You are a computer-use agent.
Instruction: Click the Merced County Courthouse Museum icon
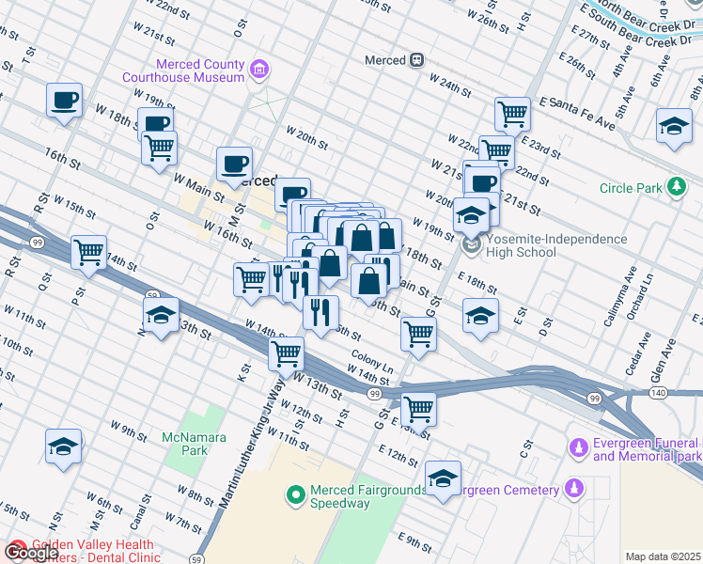point(258,69)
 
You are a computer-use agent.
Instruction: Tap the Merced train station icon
point(415,60)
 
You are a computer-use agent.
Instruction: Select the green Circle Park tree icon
point(675,188)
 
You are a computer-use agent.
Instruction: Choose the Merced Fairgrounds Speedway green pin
point(296,493)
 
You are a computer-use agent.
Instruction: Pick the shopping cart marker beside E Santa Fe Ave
point(513,115)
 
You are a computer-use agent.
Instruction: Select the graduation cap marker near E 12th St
point(443,477)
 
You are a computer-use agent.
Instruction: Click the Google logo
point(31,553)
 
